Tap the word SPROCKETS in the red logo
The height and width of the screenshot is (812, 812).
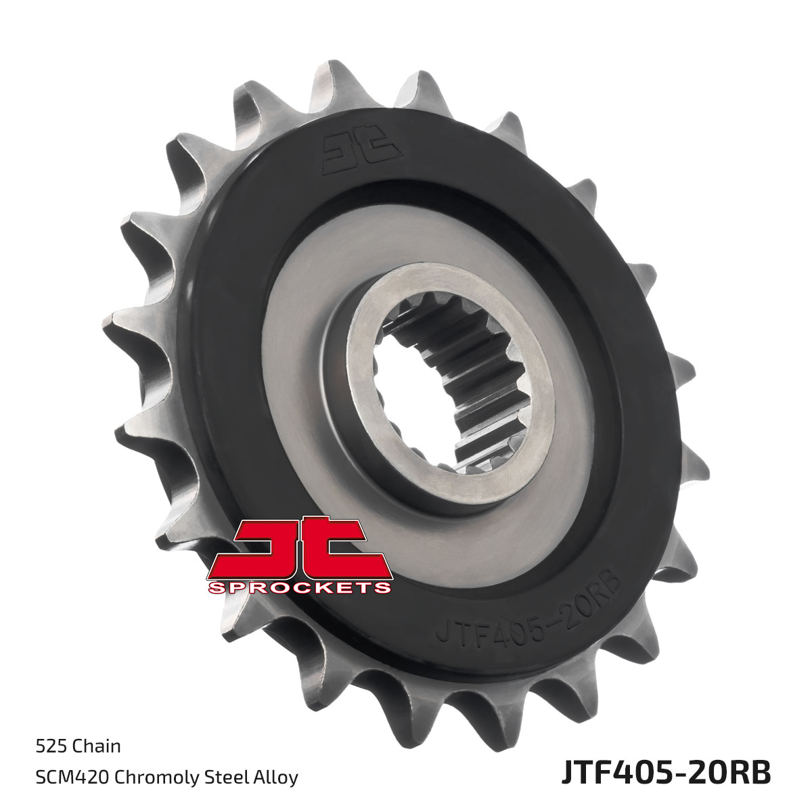click(300, 587)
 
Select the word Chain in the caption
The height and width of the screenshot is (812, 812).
click(97, 746)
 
